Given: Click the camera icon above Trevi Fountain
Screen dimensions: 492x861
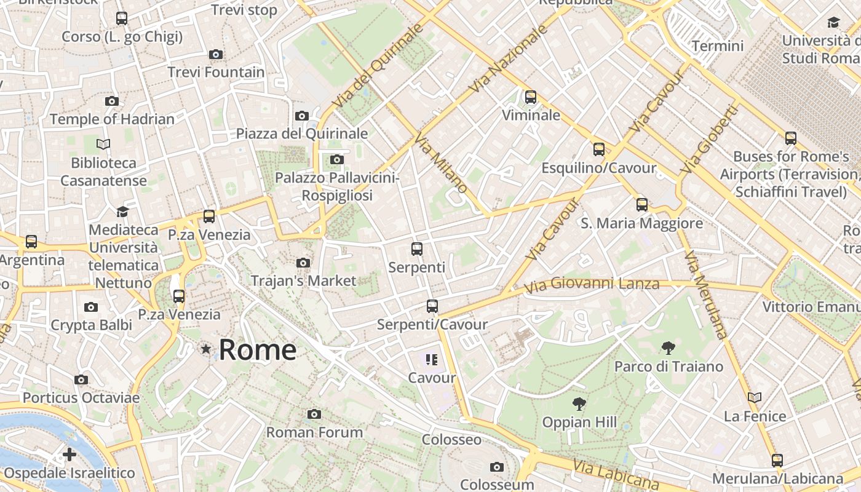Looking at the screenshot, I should (215, 54).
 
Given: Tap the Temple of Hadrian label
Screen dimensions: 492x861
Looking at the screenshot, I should (112, 119).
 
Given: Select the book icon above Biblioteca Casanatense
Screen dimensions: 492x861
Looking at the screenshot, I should (103, 144).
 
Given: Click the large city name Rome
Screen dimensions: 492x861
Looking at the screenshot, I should (258, 350).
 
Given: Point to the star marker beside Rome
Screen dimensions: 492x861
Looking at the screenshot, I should (206, 349).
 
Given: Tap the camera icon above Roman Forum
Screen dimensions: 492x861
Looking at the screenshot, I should (314, 414).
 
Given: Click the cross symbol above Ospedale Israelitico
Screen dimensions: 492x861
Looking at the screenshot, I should (69, 454).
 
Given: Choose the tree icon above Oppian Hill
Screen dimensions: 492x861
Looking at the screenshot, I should (579, 404).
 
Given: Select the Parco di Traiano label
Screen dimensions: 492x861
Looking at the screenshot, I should (669, 367).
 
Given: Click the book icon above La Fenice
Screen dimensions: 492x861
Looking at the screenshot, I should (755, 397).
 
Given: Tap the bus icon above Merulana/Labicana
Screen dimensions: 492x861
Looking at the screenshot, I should (777, 460).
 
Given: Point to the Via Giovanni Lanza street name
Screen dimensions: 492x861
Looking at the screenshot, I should (592, 285).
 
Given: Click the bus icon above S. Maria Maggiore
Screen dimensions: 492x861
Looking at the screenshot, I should (642, 205).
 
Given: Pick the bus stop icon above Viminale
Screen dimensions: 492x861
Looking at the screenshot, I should (531, 97).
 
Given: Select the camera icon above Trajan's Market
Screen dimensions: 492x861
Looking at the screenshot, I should (303, 263).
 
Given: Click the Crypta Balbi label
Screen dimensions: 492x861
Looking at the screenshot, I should (91, 325).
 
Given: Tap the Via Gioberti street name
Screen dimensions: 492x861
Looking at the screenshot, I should (709, 139).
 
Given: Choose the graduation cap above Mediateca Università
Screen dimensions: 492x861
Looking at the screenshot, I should (123, 212).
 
